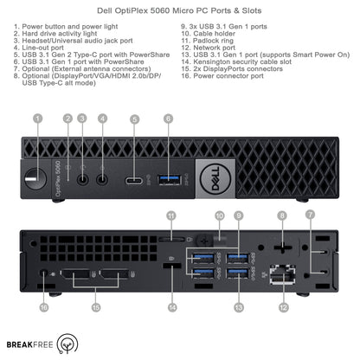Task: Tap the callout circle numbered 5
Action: coord(133,119)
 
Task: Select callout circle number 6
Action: coord(167,119)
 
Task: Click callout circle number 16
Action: coord(43,305)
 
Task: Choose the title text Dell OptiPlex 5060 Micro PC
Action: coord(179,9)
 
